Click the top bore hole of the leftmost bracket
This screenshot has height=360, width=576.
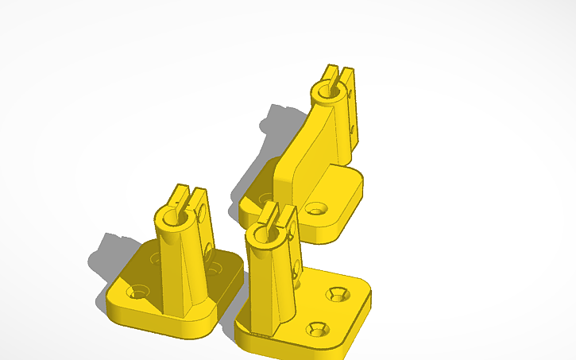click(x=171, y=216)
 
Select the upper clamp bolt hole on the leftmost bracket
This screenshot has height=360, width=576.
click(x=203, y=213)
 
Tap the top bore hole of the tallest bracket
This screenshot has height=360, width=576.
click(x=324, y=93)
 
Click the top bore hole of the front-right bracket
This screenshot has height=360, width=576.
click(x=258, y=231)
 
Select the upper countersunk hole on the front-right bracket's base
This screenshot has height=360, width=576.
click(x=336, y=296)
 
